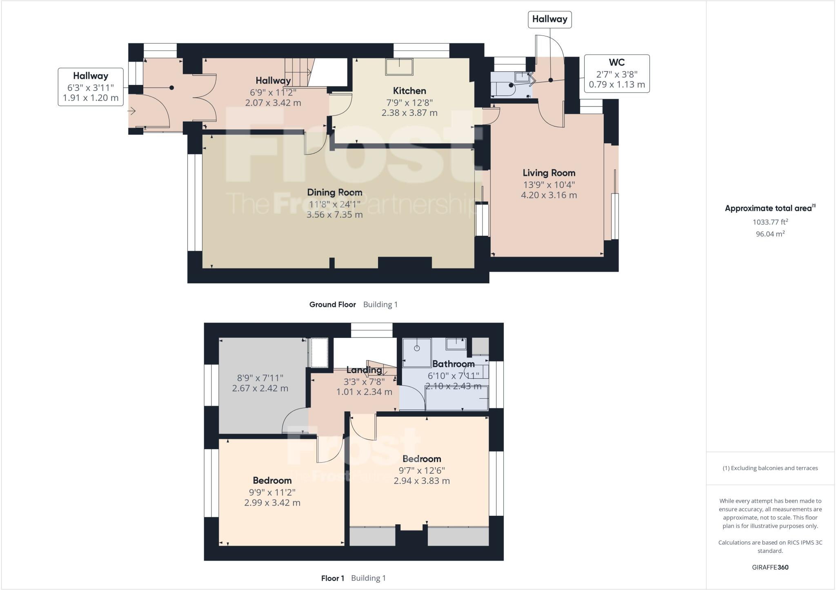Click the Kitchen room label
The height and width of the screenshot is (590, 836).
click(409, 91)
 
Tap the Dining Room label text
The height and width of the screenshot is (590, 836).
click(334, 192)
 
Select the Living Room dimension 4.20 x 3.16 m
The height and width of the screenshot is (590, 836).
click(549, 195)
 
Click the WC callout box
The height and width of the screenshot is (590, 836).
click(616, 74)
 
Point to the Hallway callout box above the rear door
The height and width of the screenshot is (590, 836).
click(549, 19)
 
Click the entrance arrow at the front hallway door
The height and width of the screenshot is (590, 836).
click(132, 111)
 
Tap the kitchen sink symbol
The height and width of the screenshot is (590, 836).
click(399, 67)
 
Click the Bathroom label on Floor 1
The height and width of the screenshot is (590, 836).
click(453, 364)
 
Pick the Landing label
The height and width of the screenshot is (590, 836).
click(364, 370)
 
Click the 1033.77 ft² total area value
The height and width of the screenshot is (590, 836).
click(770, 222)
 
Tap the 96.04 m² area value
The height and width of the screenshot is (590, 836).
click(770, 234)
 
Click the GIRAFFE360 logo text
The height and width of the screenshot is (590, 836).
click(770, 567)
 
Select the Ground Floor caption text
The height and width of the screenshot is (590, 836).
click(332, 304)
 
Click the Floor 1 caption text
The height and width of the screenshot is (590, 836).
click(332, 578)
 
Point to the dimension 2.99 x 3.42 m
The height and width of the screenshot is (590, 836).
click(272, 503)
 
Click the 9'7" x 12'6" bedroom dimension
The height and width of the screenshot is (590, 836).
click(422, 470)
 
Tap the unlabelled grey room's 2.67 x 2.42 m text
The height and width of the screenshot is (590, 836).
click(260, 388)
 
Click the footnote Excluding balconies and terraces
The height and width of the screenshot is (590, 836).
click(770, 468)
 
